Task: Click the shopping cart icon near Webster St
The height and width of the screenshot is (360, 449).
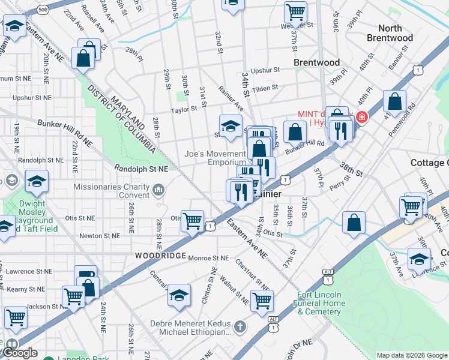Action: pos(295,11)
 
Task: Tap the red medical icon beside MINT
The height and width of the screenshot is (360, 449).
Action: pos(361,117)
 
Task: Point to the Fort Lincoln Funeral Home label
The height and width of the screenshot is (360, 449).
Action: pos(329,303)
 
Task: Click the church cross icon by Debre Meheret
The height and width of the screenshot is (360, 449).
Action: pos(240,327)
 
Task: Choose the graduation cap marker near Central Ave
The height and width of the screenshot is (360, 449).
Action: pos(179,295)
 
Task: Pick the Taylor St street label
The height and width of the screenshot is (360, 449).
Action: pos(184,110)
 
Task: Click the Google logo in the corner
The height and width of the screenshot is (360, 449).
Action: pos(19,353)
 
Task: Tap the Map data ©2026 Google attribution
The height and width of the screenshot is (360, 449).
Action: pos(411,355)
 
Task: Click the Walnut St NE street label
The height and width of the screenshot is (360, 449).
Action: pos(234,288)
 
